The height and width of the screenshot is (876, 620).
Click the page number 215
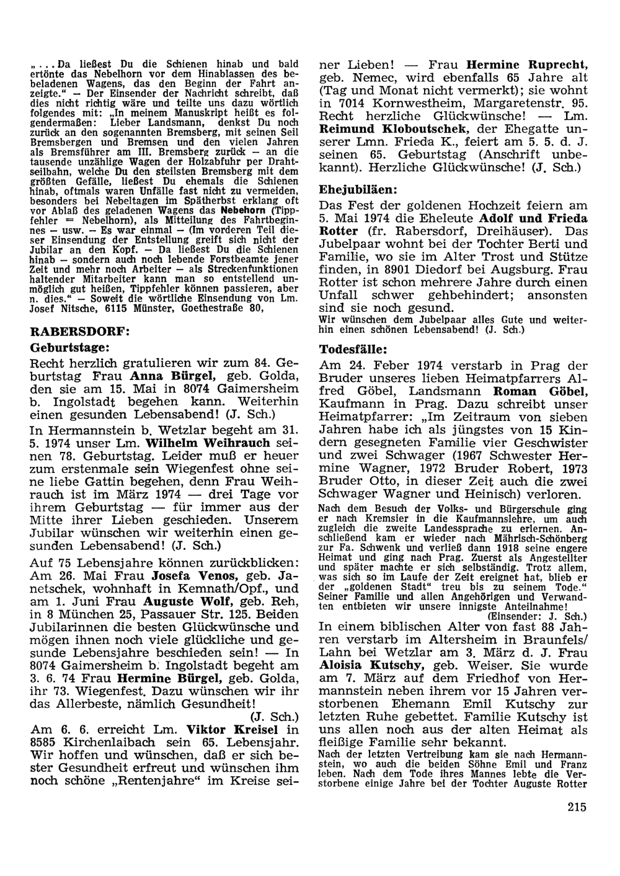[x=575, y=807]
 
